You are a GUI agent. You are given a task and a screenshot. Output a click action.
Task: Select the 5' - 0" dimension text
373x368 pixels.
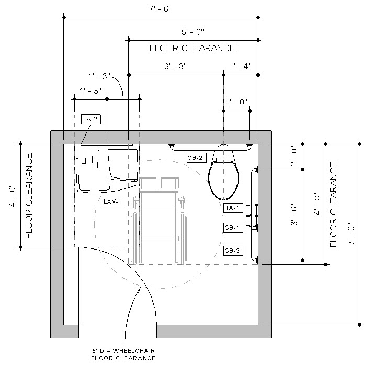(x=193, y=32)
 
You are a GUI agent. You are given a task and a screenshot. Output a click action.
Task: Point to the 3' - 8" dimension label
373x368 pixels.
(x=176, y=66)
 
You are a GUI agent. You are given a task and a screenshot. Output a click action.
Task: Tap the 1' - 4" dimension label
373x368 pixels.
(x=241, y=66)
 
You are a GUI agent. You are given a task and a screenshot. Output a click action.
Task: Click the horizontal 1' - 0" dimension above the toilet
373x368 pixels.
(x=236, y=102)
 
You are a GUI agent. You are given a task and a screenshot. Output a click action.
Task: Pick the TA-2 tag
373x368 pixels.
(x=91, y=119)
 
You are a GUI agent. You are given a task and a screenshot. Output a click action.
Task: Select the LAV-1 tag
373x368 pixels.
(x=113, y=201)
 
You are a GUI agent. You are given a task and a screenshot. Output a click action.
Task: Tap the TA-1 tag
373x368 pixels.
(x=232, y=208)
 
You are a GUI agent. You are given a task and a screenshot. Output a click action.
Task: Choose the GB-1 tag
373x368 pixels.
(x=232, y=228)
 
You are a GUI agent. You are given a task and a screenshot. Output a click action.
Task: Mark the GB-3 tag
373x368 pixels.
(x=232, y=251)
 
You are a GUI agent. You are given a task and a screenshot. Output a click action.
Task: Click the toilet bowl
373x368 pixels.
(x=224, y=180)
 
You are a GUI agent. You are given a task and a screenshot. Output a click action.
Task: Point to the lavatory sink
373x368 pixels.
(x=107, y=170)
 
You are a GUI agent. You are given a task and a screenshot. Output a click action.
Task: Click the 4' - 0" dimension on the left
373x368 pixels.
(x=12, y=195)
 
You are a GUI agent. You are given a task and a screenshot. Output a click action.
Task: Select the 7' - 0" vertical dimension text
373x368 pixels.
(x=352, y=234)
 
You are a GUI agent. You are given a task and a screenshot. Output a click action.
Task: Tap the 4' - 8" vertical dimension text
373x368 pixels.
(x=318, y=204)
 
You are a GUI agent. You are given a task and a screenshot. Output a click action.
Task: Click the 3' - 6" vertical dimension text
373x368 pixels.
(x=295, y=214)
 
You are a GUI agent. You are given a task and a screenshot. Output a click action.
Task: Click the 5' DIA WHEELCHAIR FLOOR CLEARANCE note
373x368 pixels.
(x=123, y=354)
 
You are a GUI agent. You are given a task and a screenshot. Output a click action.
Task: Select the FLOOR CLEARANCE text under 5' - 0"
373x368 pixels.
(x=192, y=48)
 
